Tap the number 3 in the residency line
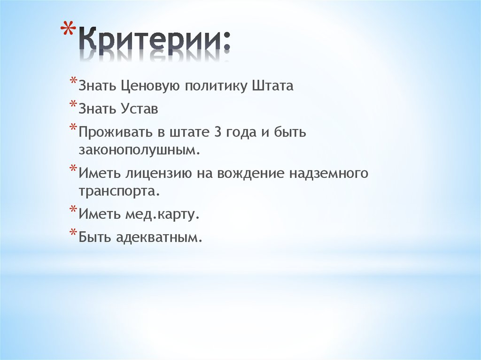(217, 133)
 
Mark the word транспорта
(116, 191)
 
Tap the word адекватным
(163, 238)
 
